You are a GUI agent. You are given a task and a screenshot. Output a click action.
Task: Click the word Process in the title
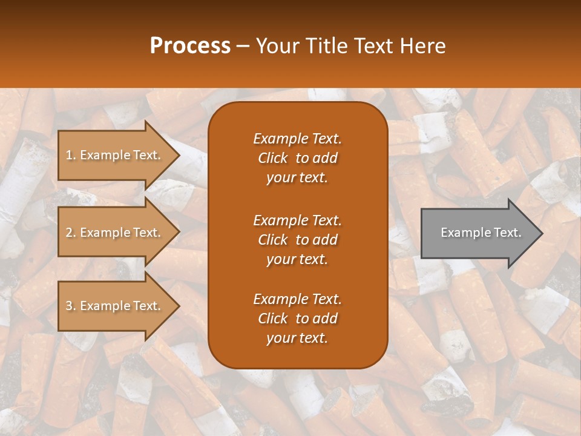(190, 46)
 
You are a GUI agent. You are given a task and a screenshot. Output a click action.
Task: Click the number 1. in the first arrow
(71, 156)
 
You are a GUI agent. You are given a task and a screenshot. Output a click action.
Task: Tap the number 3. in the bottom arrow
(71, 306)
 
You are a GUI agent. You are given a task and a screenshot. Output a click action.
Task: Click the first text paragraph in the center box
(297, 158)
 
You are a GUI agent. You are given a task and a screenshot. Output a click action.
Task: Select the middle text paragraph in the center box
(297, 240)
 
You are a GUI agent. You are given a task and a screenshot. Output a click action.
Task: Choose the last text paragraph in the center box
(297, 319)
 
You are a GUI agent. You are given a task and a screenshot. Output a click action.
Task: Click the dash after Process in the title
(243, 46)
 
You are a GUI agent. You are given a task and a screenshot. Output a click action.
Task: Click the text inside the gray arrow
(481, 233)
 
